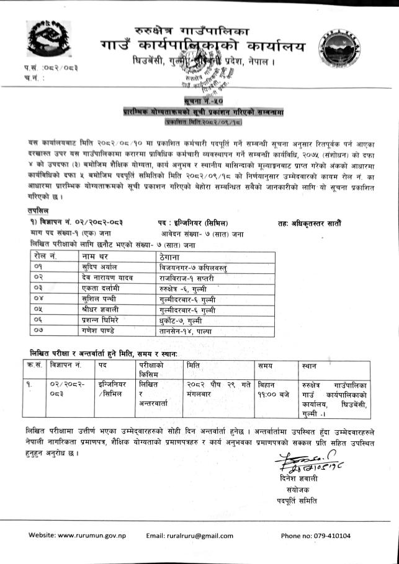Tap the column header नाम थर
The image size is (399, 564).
point(94,255)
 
